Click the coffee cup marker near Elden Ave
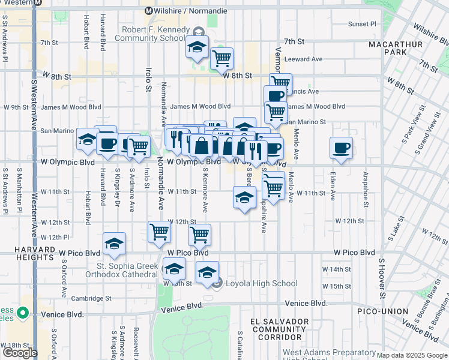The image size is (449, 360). pyautogui.click(x=341, y=148)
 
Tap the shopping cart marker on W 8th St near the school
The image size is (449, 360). pyautogui.click(x=221, y=58)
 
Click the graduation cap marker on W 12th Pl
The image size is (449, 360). pyautogui.click(x=114, y=243)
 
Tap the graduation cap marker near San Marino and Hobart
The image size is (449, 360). pyautogui.click(x=88, y=139)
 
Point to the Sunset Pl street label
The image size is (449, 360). pyautogui.click(x=361, y=24)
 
